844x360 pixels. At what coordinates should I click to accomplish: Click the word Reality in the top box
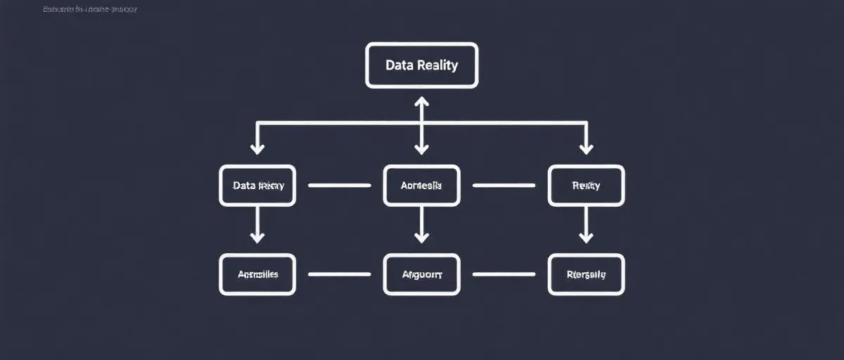[437, 65]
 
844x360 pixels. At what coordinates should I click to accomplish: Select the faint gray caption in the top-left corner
[89, 10]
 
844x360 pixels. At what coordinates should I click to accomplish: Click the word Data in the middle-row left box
[245, 186]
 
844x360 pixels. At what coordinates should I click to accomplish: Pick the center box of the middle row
[421, 186]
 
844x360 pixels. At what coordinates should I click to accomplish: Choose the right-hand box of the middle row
[585, 186]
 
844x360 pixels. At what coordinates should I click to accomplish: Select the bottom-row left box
[257, 274]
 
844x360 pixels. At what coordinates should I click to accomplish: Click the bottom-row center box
[421, 274]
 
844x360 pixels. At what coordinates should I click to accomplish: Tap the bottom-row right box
[585, 274]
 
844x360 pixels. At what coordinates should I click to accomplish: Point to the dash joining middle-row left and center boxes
[340, 186]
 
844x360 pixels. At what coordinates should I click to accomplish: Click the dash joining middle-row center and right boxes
[504, 186]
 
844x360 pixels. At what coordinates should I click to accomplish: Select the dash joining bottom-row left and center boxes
[340, 274]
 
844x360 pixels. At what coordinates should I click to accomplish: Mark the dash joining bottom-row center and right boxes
[504, 274]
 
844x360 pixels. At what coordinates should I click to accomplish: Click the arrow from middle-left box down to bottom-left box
[257, 225]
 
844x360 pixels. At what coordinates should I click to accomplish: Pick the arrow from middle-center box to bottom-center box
[421, 225]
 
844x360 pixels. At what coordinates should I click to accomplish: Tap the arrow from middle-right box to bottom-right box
[585, 225]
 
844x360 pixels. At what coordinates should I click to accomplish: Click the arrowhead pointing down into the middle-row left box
[257, 148]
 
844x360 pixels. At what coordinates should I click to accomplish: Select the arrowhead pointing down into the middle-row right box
[585, 148]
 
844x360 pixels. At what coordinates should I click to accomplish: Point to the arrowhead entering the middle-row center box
[421, 148]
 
